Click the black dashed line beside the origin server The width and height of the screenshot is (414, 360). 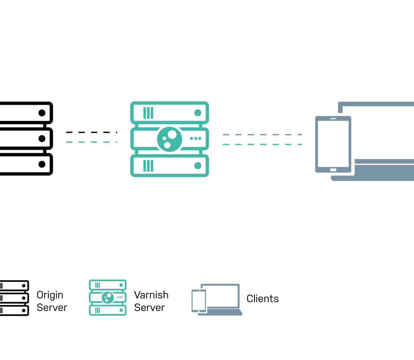click(x=91, y=132)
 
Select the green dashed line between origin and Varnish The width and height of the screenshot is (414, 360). click(x=91, y=142)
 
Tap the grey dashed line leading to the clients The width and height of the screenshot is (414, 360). click(x=262, y=135)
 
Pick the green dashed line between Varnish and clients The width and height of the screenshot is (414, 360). click(x=262, y=144)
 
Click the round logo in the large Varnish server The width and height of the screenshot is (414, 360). click(x=169, y=139)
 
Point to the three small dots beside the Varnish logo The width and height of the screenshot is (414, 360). click(x=196, y=138)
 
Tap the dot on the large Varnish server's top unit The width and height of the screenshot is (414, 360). click(x=197, y=113)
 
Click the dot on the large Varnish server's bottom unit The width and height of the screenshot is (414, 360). click(x=197, y=165)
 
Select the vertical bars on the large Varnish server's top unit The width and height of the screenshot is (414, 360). click(x=148, y=113)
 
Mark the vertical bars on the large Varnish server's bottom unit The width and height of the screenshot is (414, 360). click(x=148, y=165)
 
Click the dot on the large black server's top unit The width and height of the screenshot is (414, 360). click(x=42, y=113)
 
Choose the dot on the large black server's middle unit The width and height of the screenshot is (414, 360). click(x=42, y=138)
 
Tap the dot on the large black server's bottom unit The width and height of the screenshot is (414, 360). click(x=42, y=164)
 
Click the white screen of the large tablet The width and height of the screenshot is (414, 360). click(x=333, y=143)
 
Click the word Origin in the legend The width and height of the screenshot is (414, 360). click(x=50, y=295)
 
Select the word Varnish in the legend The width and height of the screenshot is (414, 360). click(x=151, y=295)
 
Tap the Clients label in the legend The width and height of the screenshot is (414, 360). click(x=262, y=299)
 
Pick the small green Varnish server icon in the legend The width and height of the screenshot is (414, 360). click(x=107, y=297)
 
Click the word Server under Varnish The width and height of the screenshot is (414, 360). click(x=149, y=308)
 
